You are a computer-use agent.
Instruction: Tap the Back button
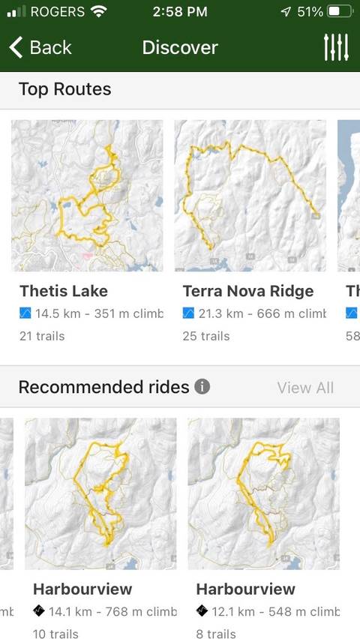coord(40,47)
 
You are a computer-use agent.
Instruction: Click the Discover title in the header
coord(180,47)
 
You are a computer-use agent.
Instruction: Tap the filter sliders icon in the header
coord(336,47)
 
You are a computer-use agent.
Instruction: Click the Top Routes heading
coord(64,89)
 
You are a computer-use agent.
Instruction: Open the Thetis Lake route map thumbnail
coord(87,196)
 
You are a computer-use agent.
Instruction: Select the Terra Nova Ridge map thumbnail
coord(250,196)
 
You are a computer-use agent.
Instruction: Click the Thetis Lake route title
coord(64,291)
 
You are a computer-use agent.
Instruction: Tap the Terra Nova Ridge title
coord(248,291)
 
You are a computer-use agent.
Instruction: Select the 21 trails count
coord(42,335)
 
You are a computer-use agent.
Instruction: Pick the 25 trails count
coord(205,335)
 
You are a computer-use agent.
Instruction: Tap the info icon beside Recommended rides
coord(202,387)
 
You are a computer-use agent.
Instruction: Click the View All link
coord(305,388)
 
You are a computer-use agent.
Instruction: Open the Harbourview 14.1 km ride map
coord(100,493)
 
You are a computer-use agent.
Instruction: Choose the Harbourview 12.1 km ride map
coord(264,493)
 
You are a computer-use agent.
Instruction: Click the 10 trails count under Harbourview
coord(55,634)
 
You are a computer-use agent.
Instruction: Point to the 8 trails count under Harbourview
coord(216,634)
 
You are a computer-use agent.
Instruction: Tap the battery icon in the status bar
coord(339,12)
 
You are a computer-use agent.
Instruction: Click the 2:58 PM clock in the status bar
coord(180,12)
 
